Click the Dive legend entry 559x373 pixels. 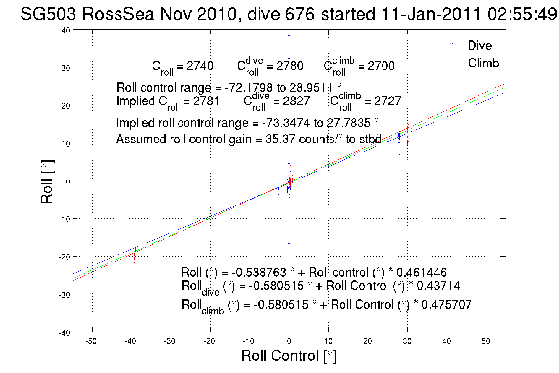click(479, 46)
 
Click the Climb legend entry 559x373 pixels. click(483, 63)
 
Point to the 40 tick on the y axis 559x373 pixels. click(66, 30)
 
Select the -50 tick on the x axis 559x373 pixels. click(91, 341)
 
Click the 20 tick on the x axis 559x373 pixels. click(367, 341)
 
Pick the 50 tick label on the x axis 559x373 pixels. click(486, 341)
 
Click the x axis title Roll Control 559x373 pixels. click(289, 356)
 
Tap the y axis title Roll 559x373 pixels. click(47, 181)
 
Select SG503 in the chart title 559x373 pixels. click(48, 14)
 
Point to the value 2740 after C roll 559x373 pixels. click(200, 66)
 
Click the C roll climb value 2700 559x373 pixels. click(381, 66)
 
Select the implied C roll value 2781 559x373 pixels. click(206, 101)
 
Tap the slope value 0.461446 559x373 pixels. click(421, 272)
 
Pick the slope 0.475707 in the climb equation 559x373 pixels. click(446, 305)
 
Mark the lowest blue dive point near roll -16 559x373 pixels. click(289, 243)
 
